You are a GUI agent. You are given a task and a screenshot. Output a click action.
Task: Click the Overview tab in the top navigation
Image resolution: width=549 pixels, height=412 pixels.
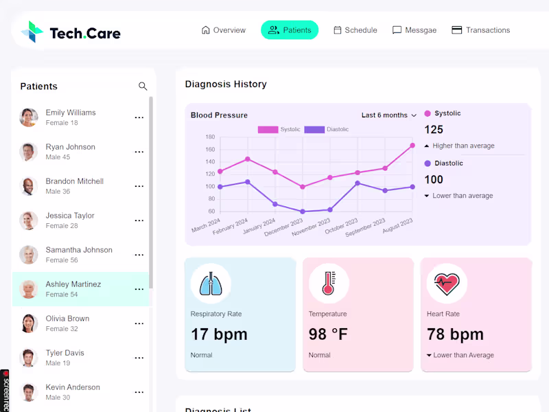[x=223, y=30]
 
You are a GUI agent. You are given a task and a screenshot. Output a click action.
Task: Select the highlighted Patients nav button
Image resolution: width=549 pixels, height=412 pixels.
[x=289, y=30]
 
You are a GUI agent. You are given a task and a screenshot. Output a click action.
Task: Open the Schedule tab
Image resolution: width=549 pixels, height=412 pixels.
[x=355, y=30]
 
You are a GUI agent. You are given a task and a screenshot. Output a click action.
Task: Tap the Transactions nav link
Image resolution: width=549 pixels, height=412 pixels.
[x=480, y=30]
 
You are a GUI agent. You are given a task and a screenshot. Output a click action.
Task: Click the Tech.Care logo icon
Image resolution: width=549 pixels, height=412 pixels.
[x=32, y=32]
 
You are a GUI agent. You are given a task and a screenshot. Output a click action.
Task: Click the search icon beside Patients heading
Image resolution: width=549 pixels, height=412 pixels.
[x=143, y=87]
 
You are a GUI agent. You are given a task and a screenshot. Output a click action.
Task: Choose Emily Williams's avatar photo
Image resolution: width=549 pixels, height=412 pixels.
[x=29, y=117]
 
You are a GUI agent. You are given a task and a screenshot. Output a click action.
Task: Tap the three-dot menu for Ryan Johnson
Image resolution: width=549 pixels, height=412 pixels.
[x=139, y=152]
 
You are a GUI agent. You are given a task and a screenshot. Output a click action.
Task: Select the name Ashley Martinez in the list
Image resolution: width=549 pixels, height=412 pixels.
[x=73, y=284]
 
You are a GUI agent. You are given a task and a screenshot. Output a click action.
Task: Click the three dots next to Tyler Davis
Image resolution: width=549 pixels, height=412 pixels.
[x=139, y=358]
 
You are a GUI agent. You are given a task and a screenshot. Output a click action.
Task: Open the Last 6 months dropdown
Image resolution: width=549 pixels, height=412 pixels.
[x=389, y=115]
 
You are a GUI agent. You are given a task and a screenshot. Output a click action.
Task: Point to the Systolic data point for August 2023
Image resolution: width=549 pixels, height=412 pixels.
[x=412, y=146]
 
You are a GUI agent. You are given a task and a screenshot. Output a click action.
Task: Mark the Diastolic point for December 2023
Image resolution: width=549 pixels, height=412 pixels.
[x=303, y=211]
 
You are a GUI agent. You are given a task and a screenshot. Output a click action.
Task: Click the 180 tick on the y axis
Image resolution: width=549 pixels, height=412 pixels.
[x=210, y=137]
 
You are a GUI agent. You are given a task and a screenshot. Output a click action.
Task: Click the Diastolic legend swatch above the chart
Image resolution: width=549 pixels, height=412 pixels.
[x=314, y=129]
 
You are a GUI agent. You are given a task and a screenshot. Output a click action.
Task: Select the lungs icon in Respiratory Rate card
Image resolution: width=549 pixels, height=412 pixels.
[x=210, y=284]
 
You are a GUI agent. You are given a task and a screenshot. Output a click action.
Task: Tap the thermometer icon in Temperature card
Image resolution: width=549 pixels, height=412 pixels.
[x=328, y=284]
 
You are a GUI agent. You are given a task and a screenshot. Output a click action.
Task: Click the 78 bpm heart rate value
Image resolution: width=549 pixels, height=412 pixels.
[x=455, y=334]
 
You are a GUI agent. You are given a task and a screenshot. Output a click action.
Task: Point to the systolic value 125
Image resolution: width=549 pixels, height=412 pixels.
[x=434, y=130]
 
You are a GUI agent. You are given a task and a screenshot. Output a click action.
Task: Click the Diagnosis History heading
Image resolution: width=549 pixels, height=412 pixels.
[x=226, y=84]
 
